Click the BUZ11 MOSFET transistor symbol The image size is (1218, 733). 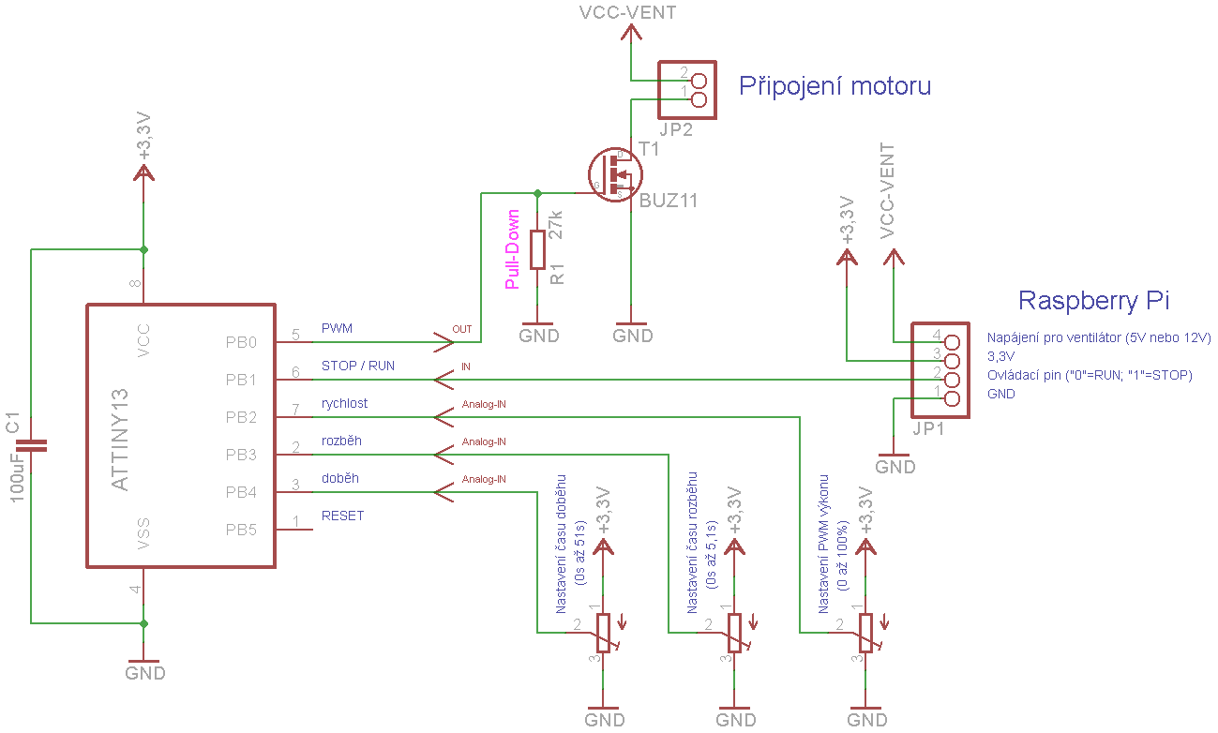point(615,174)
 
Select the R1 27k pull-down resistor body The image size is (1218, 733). point(537,249)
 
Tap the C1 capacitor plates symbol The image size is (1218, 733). point(31,446)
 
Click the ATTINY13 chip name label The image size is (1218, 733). point(120,440)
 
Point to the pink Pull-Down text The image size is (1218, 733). point(512,249)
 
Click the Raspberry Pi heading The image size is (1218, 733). point(1093,300)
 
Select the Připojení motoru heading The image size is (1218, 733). point(835,86)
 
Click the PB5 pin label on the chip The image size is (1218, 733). point(241,530)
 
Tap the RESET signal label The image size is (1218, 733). point(342,516)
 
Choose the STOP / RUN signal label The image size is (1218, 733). point(358,366)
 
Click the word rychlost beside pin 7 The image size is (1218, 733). point(344,403)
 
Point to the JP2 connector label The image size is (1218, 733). point(676,129)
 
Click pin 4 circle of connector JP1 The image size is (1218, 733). point(952,342)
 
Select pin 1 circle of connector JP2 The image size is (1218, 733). point(699,99)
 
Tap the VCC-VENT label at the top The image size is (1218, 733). point(628,12)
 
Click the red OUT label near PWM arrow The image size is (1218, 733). point(462,329)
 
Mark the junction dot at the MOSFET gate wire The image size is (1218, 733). point(537,193)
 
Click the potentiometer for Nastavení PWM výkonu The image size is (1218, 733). point(865,633)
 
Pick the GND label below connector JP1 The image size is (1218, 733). point(895,467)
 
